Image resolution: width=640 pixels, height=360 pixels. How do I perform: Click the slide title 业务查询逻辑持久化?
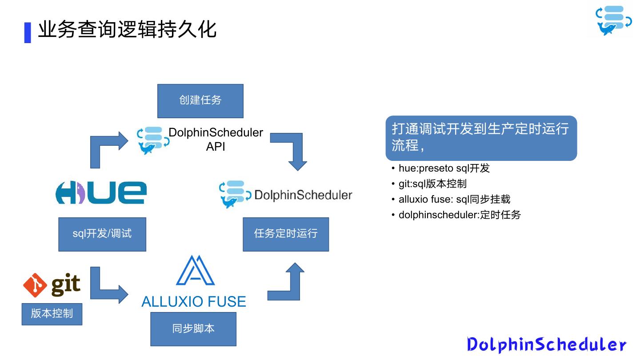tap(127, 30)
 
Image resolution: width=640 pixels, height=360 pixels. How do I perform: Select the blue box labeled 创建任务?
tap(200, 100)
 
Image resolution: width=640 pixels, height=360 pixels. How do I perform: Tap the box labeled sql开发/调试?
tap(102, 234)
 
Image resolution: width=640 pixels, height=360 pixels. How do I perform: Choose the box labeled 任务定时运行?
tap(286, 234)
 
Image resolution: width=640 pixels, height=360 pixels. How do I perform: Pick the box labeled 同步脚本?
tap(193, 329)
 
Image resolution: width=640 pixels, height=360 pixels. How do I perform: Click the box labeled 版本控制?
tap(52, 314)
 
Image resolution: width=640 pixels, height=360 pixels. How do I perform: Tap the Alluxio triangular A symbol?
tap(196, 271)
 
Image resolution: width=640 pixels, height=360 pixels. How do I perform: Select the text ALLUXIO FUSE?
tap(194, 302)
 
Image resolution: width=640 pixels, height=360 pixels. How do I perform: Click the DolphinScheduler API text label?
tap(216, 139)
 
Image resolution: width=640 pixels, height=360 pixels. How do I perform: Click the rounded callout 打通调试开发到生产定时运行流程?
tap(481, 138)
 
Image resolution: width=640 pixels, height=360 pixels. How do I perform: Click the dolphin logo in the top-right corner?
tap(613, 20)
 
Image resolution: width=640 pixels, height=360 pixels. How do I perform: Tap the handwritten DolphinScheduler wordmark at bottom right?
tap(547, 344)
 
